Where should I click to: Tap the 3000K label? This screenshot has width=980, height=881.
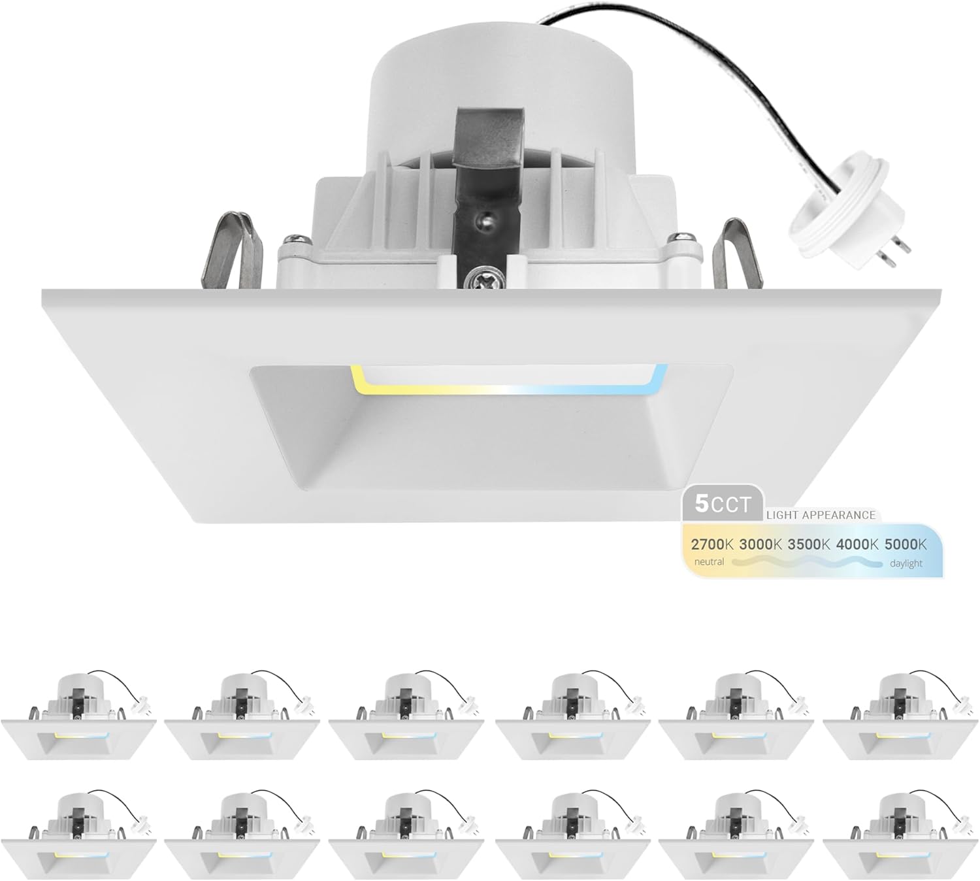coord(761,544)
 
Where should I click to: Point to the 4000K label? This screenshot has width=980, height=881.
coord(858,544)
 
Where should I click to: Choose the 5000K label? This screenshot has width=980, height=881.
coord(906,544)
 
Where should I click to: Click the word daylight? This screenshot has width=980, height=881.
coord(906,563)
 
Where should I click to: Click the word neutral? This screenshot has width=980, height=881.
coord(709,562)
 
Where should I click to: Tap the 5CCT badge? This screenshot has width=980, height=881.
coord(723,504)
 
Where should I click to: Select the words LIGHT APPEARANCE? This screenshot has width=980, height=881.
coord(821,515)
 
